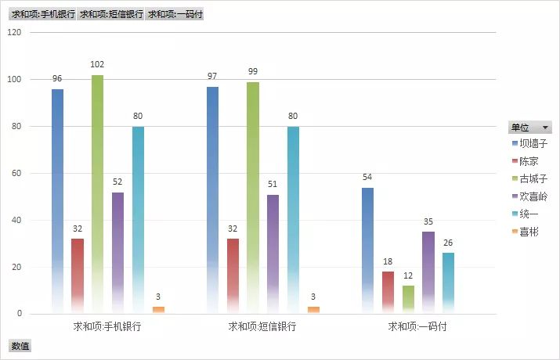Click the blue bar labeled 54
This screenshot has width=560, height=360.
368,250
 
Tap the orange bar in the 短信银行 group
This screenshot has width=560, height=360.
313,310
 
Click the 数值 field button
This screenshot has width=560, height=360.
19,345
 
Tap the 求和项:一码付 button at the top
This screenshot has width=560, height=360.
175,14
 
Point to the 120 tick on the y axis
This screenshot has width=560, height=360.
14,32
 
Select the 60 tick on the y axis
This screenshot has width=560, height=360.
16,173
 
